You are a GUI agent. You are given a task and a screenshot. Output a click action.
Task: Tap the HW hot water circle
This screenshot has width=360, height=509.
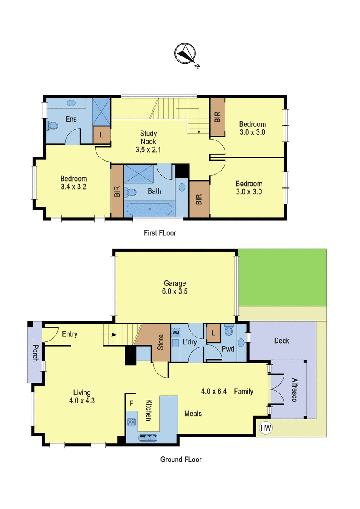(x=266, y=428)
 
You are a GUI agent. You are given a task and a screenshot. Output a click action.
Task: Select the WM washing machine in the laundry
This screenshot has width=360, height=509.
(x=176, y=333)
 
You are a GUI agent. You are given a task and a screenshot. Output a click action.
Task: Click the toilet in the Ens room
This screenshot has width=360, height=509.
(x=52, y=126)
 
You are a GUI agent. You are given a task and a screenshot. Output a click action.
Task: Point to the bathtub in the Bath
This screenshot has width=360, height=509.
(x=149, y=209)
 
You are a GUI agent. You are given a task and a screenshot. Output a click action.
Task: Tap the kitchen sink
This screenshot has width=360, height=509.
(x=148, y=437)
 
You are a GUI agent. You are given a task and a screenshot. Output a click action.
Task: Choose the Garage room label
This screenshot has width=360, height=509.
(x=174, y=283)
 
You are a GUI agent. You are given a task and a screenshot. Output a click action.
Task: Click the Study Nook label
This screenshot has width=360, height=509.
(x=148, y=137)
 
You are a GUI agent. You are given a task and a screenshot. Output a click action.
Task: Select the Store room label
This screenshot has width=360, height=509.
(x=160, y=342)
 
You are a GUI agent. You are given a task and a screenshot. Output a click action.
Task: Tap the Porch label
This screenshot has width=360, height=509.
(x=35, y=353)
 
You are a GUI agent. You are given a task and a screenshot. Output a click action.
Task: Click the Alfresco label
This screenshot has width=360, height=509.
(x=295, y=390)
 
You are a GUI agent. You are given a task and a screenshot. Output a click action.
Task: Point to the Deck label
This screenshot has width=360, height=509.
(x=281, y=341)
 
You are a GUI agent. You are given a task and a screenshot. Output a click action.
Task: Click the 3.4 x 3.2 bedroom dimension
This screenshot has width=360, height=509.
(x=73, y=187)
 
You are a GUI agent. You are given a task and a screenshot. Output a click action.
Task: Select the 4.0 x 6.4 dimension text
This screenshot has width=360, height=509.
(x=214, y=391)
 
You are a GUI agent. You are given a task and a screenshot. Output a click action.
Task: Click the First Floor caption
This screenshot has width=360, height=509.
(x=160, y=233)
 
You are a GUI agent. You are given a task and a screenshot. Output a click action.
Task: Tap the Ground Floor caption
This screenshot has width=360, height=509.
(x=181, y=459)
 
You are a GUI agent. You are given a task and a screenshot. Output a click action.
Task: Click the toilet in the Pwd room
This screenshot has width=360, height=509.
(x=228, y=330)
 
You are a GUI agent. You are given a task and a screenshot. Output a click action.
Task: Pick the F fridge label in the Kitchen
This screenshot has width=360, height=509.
(x=131, y=403)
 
